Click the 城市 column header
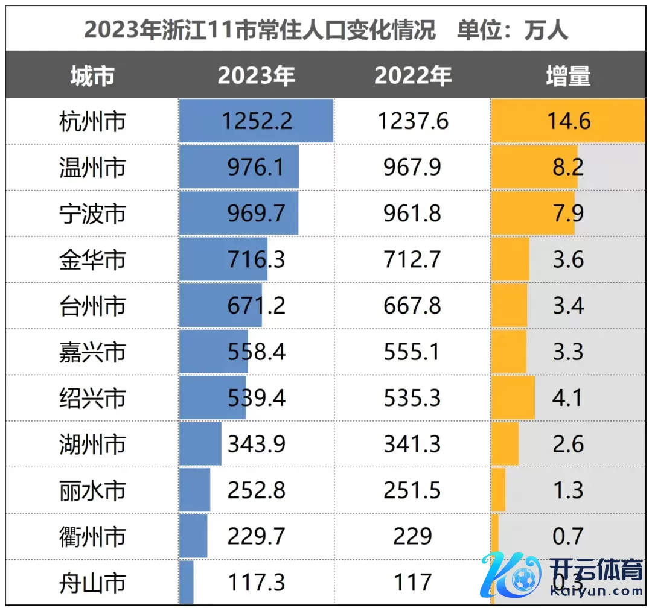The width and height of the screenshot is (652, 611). tap(92, 76)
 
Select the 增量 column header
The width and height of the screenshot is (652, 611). tap(567, 76)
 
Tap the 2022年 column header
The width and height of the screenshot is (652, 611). tap(413, 76)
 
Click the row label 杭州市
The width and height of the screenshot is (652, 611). tap(92, 121)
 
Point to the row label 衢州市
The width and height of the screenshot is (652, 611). tap(92, 536)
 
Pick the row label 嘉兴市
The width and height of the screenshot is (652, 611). tap(92, 352)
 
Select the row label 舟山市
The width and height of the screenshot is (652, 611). tap(92, 583)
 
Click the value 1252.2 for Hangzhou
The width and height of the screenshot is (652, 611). tap(257, 121)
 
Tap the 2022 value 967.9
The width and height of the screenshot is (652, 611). tap(413, 168)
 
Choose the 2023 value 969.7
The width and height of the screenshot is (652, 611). tap(257, 214)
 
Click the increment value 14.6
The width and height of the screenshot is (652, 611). tap(567, 121)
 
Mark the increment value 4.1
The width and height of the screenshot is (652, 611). tap(567, 398)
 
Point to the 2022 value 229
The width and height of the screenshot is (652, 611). tap(413, 536)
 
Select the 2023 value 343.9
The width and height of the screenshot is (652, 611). tap(257, 445)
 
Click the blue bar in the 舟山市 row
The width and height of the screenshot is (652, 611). tap(187, 583)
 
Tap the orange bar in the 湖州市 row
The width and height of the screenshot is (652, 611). tap(505, 445)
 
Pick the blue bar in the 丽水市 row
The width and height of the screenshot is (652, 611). tap(194, 490)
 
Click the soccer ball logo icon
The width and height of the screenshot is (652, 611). tap(523, 580)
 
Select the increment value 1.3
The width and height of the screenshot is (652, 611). tap(567, 490)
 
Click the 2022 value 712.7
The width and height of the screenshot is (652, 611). tap(413, 260)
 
